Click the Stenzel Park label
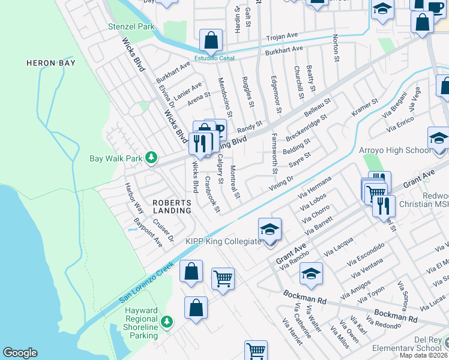click(131, 27)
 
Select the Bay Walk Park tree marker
click(152, 158)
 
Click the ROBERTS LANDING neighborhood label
click(172, 206)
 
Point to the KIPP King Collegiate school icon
click(270, 229)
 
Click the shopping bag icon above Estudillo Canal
click(211, 41)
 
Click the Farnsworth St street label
click(274, 154)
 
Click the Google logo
click(20, 353)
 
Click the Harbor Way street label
click(134, 199)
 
